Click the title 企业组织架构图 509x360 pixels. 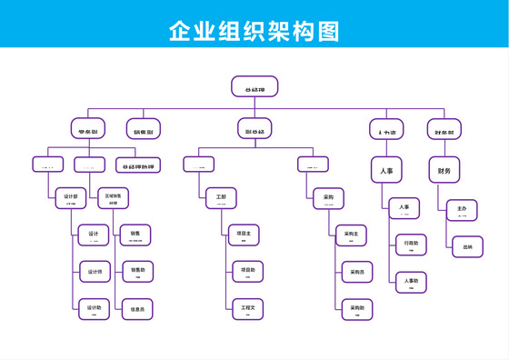(254, 31)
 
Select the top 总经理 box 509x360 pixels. (254, 87)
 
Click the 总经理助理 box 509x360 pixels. (138, 165)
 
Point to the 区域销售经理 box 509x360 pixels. (113, 198)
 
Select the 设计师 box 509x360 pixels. (94, 272)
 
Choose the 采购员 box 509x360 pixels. (357, 272)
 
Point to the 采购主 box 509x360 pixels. (353, 235)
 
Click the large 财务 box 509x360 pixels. (444, 170)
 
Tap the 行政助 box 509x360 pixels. (411, 245)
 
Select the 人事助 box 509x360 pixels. (411, 282)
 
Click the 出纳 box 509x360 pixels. (467, 246)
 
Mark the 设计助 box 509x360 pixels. (94, 309)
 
